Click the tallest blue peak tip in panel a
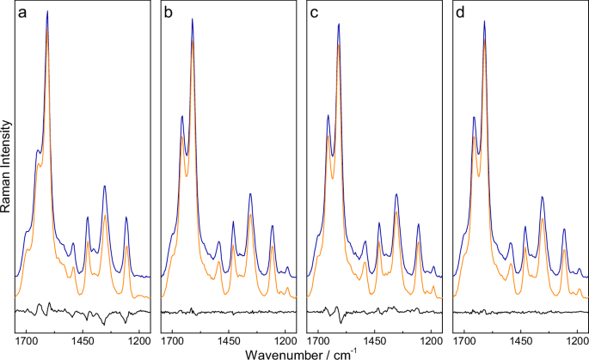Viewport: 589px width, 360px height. pyautogui.click(x=47, y=11)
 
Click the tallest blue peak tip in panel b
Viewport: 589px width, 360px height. pyautogui.click(x=192, y=19)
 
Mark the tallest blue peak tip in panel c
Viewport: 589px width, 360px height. pyautogui.click(x=338, y=23)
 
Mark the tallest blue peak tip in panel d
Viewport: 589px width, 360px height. pyautogui.click(x=484, y=21)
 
